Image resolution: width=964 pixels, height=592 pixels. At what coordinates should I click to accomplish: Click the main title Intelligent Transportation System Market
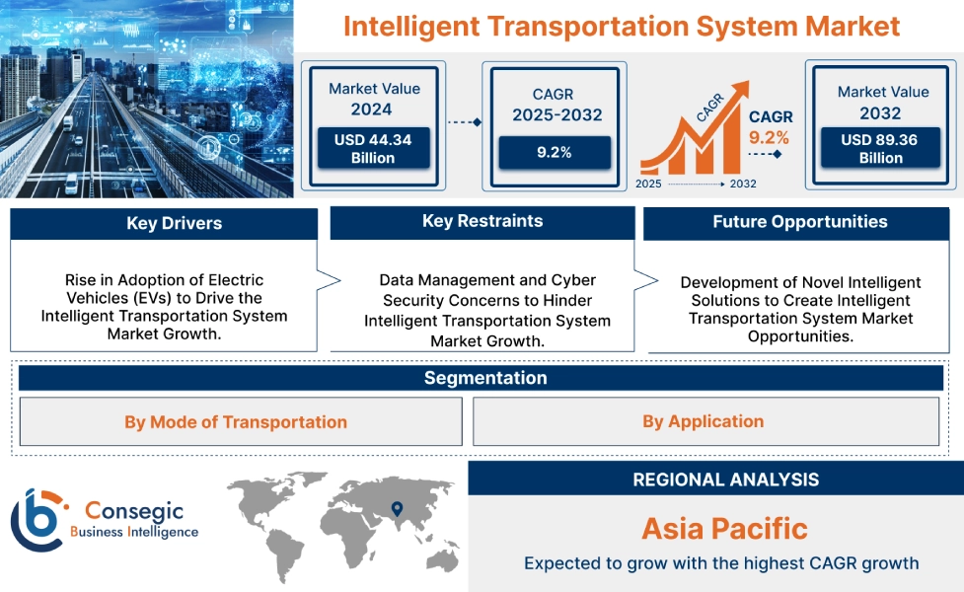click(x=622, y=26)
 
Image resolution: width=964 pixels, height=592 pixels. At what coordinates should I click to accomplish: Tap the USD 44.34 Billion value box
click(x=373, y=149)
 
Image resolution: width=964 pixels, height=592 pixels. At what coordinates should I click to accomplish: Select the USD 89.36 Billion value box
click(x=878, y=149)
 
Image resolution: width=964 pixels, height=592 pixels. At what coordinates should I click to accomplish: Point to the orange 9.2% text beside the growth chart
click(x=770, y=137)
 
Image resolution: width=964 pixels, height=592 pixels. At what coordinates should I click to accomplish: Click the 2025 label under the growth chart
click(x=648, y=185)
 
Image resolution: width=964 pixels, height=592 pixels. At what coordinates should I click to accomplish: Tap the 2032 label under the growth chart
click(x=743, y=185)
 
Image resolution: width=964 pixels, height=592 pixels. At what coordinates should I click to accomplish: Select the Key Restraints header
click(x=482, y=222)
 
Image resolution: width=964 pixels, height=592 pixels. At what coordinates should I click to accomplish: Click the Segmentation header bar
click(x=484, y=378)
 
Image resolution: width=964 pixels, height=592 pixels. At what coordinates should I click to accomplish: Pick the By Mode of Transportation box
click(x=236, y=422)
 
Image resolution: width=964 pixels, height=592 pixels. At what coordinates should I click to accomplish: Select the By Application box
click(x=703, y=421)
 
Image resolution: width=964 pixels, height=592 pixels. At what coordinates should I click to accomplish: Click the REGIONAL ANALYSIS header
click(x=725, y=480)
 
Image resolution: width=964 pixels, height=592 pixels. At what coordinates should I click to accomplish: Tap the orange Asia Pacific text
click(x=724, y=529)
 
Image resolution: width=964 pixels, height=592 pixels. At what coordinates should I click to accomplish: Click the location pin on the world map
click(x=397, y=509)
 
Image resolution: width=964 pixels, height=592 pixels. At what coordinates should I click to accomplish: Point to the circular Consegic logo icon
click(x=37, y=519)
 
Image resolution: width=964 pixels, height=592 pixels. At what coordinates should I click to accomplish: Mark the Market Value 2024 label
click(x=374, y=99)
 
